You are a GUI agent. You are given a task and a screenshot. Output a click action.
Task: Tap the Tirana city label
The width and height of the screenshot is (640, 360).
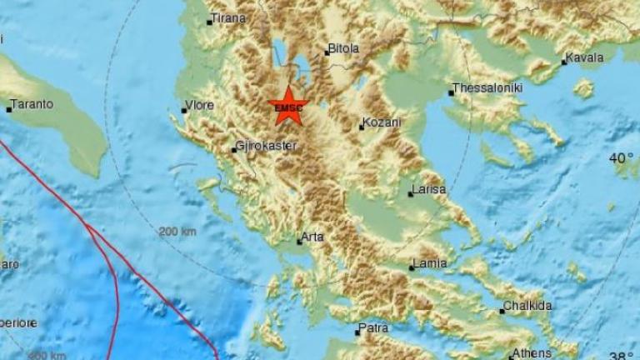(227, 18)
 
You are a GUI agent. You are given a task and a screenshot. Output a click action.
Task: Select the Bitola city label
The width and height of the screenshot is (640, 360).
(344, 48)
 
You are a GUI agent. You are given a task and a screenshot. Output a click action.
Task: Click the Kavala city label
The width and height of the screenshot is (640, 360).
(583, 59)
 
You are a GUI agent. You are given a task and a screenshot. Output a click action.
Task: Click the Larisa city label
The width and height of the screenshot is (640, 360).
(430, 189)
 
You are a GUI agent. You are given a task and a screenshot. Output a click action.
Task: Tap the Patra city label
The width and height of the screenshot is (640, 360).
(374, 328)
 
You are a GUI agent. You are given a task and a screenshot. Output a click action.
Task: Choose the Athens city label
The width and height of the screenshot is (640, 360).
(530, 352)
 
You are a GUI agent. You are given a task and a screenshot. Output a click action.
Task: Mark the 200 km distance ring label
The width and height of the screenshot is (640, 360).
(177, 231)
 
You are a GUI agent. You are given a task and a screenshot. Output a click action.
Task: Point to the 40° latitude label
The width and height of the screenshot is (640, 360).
(622, 157)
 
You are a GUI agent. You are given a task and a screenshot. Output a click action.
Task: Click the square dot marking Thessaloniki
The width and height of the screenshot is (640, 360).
(451, 92)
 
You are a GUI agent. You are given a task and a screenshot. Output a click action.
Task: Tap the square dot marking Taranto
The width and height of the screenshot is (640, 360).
(9, 109)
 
